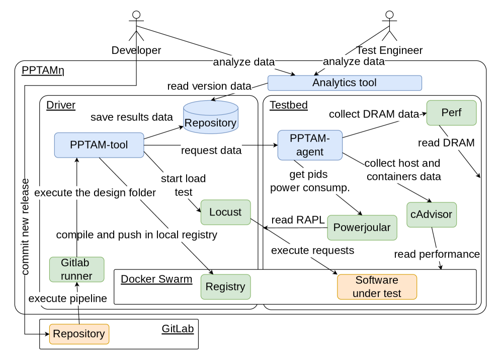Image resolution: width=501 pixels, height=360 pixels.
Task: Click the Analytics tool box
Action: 344,83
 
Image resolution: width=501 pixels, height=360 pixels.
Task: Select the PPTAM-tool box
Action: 99,145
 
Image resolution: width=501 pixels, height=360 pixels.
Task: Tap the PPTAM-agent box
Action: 310,145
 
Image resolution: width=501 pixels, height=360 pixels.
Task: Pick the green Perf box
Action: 451,113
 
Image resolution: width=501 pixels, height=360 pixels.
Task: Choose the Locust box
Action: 225,212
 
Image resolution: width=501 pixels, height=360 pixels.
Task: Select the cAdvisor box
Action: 431,214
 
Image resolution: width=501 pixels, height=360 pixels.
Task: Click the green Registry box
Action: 225,286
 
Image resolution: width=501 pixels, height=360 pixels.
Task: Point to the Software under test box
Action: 377,286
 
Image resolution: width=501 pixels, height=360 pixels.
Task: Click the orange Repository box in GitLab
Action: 79,333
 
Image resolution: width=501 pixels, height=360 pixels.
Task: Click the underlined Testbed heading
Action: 289,105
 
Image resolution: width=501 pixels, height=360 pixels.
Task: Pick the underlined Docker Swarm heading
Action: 156,279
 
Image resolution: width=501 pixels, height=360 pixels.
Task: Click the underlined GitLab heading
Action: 177,329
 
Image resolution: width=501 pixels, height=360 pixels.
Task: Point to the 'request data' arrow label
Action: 211,150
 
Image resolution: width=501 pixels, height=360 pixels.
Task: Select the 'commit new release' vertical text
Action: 25,226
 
